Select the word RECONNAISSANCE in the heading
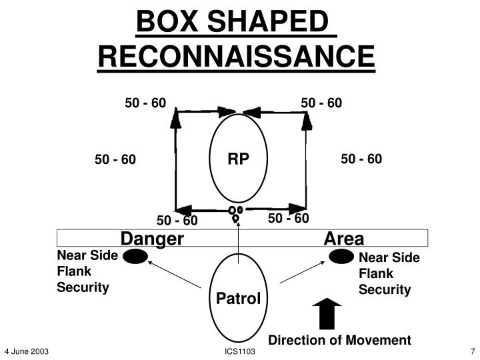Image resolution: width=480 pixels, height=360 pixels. click(x=237, y=58)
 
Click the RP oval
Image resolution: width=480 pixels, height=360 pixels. click(x=239, y=160)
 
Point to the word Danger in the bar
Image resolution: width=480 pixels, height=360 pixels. click(x=152, y=239)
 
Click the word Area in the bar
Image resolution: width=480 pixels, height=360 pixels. click(x=343, y=239)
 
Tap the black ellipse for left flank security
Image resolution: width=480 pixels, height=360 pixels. click(x=136, y=257)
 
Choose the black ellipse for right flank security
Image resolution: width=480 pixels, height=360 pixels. click(x=342, y=257)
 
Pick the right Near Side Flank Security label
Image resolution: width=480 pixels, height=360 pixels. click(x=389, y=273)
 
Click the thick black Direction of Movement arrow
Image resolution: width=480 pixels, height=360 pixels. click(x=326, y=314)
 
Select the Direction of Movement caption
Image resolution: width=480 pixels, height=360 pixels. click(x=339, y=340)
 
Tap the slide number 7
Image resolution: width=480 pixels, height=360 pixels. click(x=471, y=351)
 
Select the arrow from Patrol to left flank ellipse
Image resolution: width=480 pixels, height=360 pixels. click(x=175, y=275)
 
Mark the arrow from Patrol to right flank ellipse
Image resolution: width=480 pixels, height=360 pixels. click(x=303, y=275)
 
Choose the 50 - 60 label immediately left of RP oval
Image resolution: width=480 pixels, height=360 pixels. click(x=115, y=159)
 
